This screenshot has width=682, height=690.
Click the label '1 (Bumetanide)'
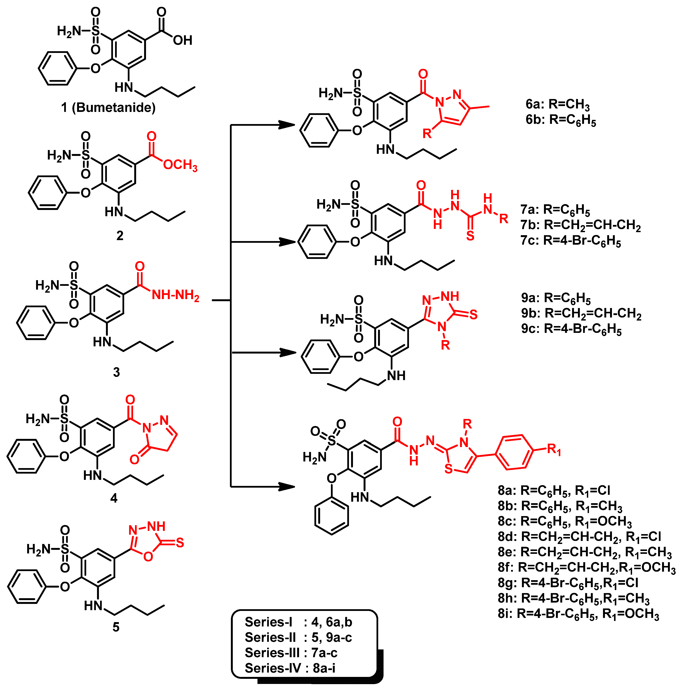(108, 107)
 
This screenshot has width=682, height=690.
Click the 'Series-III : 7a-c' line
(291, 653)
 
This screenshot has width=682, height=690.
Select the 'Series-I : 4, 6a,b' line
(298, 622)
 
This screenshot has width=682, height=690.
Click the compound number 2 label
(120, 236)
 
